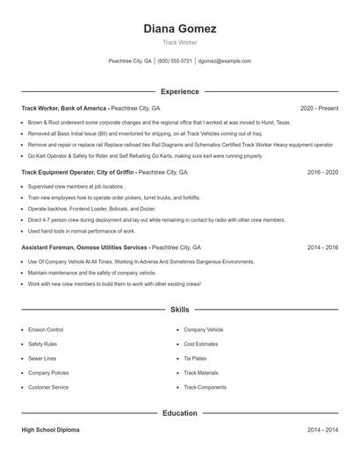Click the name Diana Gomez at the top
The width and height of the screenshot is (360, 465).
click(x=179, y=28)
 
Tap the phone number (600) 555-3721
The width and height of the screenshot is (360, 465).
click(x=175, y=61)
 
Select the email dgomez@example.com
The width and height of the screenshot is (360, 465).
click(x=225, y=61)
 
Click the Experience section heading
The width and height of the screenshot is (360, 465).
click(x=179, y=91)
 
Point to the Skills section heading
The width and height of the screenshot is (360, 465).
click(x=179, y=311)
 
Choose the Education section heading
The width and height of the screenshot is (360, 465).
click(x=179, y=412)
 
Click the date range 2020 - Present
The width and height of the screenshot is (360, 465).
click(x=319, y=108)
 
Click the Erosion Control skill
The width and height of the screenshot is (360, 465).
click(x=46, y=330)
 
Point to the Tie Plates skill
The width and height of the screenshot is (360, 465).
click(x=195, y=359)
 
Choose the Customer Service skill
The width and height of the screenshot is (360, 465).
click(x=48, y=387)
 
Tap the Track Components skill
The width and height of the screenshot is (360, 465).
click(x=205, y=387)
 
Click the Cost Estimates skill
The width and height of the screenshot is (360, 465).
click(x=200, y=344)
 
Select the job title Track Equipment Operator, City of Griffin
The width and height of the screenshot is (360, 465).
click(x=79, y=173)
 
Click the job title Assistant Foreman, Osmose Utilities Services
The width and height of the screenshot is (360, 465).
click(x=83, y=248)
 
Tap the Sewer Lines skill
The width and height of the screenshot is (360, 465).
click(x=42, y=359)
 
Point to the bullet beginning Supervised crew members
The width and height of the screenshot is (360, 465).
click(x=76, y=187)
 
